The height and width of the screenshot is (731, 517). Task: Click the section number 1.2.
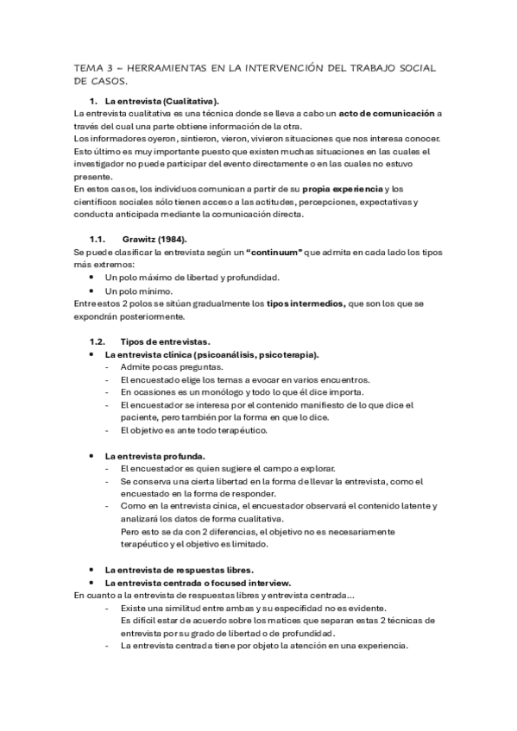point(97,341)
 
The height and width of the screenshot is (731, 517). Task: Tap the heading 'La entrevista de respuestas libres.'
point(179,570)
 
